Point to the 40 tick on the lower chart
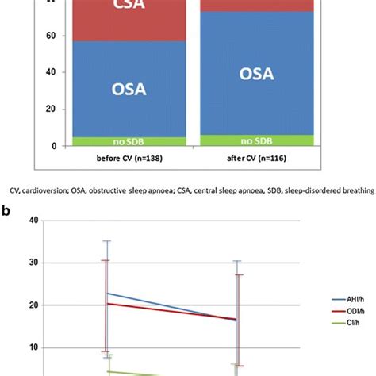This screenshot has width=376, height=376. (x=33, y=221)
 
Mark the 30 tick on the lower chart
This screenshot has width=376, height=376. (x=33, y=263)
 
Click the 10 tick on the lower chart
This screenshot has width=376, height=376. (x=33, y=347)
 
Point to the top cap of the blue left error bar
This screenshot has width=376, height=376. (x=106, y=240)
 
